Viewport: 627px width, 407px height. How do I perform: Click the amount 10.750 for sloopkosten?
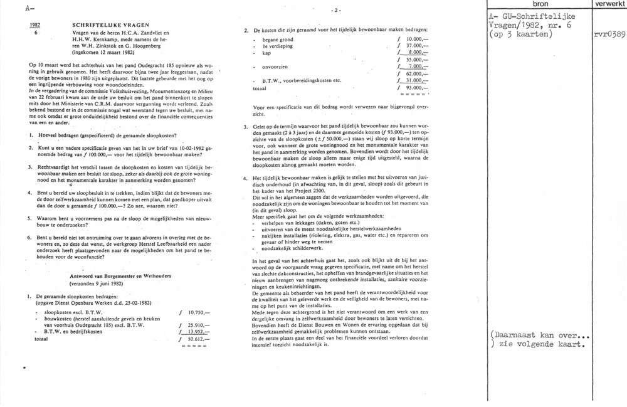(196, 312)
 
